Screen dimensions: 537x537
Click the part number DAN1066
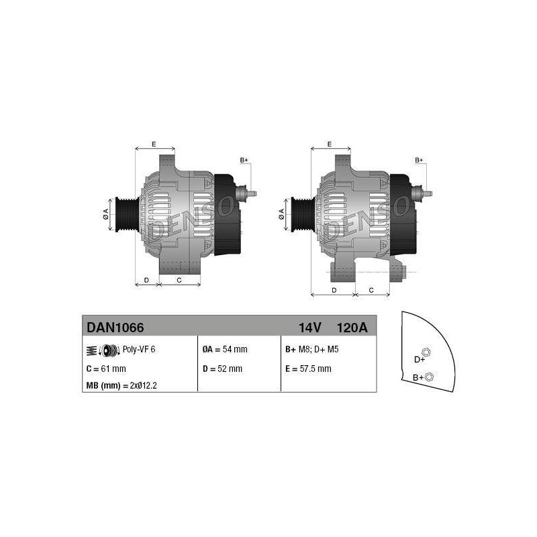tap(115, 328)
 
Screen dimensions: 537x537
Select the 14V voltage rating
tap(309, 328)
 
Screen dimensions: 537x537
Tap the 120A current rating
tap(352, 328)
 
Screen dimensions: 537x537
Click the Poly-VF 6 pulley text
tap(139, 349)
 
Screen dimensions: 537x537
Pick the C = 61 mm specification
tap(106, 369)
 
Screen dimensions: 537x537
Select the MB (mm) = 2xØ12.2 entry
tap(121, 385)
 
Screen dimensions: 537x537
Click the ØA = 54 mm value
tap(225, 349)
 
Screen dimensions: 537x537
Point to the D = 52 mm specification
tap(222, 369)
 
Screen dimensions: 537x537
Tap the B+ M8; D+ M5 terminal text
tap(312, 349)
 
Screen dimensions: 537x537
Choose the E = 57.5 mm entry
tap(308, 369)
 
